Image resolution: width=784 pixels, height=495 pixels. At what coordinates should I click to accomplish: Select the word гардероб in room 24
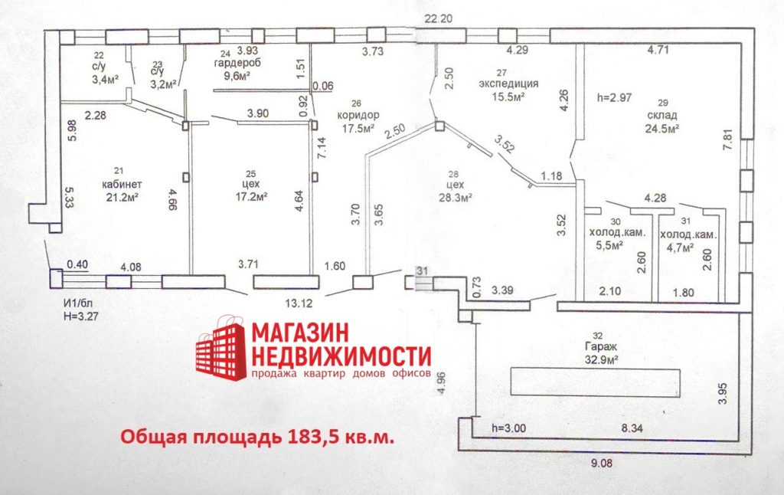click(x=239, y=64)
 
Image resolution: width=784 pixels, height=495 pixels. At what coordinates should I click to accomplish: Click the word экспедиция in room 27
click(x=508, y=84)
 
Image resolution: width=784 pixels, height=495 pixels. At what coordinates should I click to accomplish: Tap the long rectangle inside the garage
click(x=596, y=381)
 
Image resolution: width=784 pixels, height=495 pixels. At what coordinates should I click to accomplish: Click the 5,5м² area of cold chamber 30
click(x=608, y=247)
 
